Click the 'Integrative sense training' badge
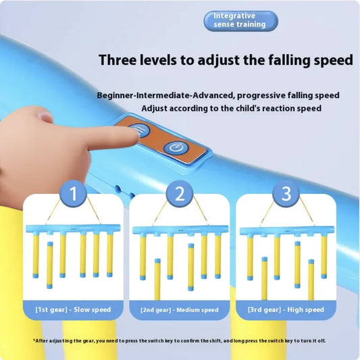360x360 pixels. [x=240, y=21]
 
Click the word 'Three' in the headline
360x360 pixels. [x=117, y=60]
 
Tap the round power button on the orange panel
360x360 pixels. [x=176, y=148]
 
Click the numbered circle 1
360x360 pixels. [x=73, y=193]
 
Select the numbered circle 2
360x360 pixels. [x=180, y=193]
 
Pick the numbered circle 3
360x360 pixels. [x=286, y=193]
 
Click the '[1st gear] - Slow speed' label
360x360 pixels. [x=73, y=309]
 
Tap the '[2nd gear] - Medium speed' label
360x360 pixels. [x=180, y=310]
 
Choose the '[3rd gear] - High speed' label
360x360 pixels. [x=286, y=309]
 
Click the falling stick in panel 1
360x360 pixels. [x=50, y=265]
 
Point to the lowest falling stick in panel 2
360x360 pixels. [x=157, y=279]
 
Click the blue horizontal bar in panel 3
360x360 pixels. [x=287, y=230]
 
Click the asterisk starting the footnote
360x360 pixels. [x=34, y=340]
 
